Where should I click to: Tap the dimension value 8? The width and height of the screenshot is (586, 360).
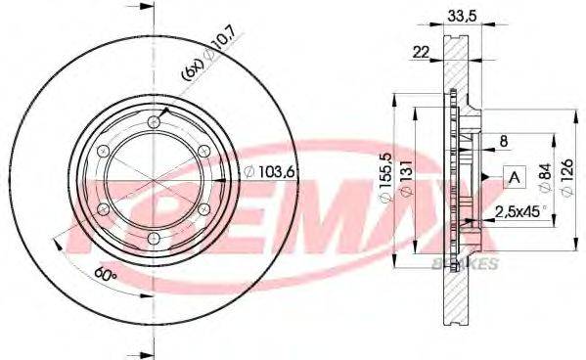coord(504,140)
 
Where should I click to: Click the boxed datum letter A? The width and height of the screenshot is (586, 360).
coord(513,177)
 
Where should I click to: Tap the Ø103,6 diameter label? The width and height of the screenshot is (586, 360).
coord(268,171)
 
